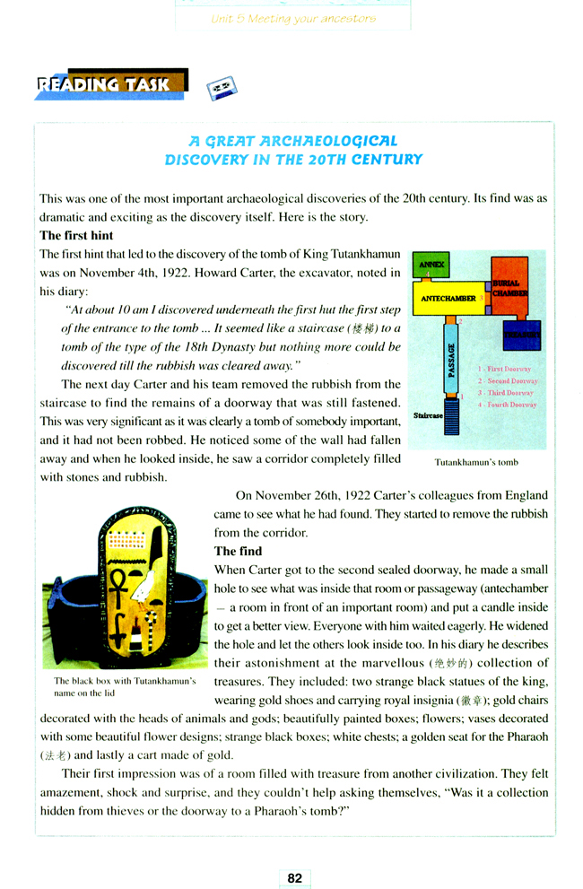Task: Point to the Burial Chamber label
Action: (509, 288)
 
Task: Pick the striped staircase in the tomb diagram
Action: (453, 417)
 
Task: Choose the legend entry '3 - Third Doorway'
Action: (508, 393)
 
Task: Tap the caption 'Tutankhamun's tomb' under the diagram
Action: (476, 463)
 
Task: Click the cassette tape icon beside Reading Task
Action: (221, 87)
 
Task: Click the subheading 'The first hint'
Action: (77, 236)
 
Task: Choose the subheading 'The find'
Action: (238, 551)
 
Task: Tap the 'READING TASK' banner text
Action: (103, 85)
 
